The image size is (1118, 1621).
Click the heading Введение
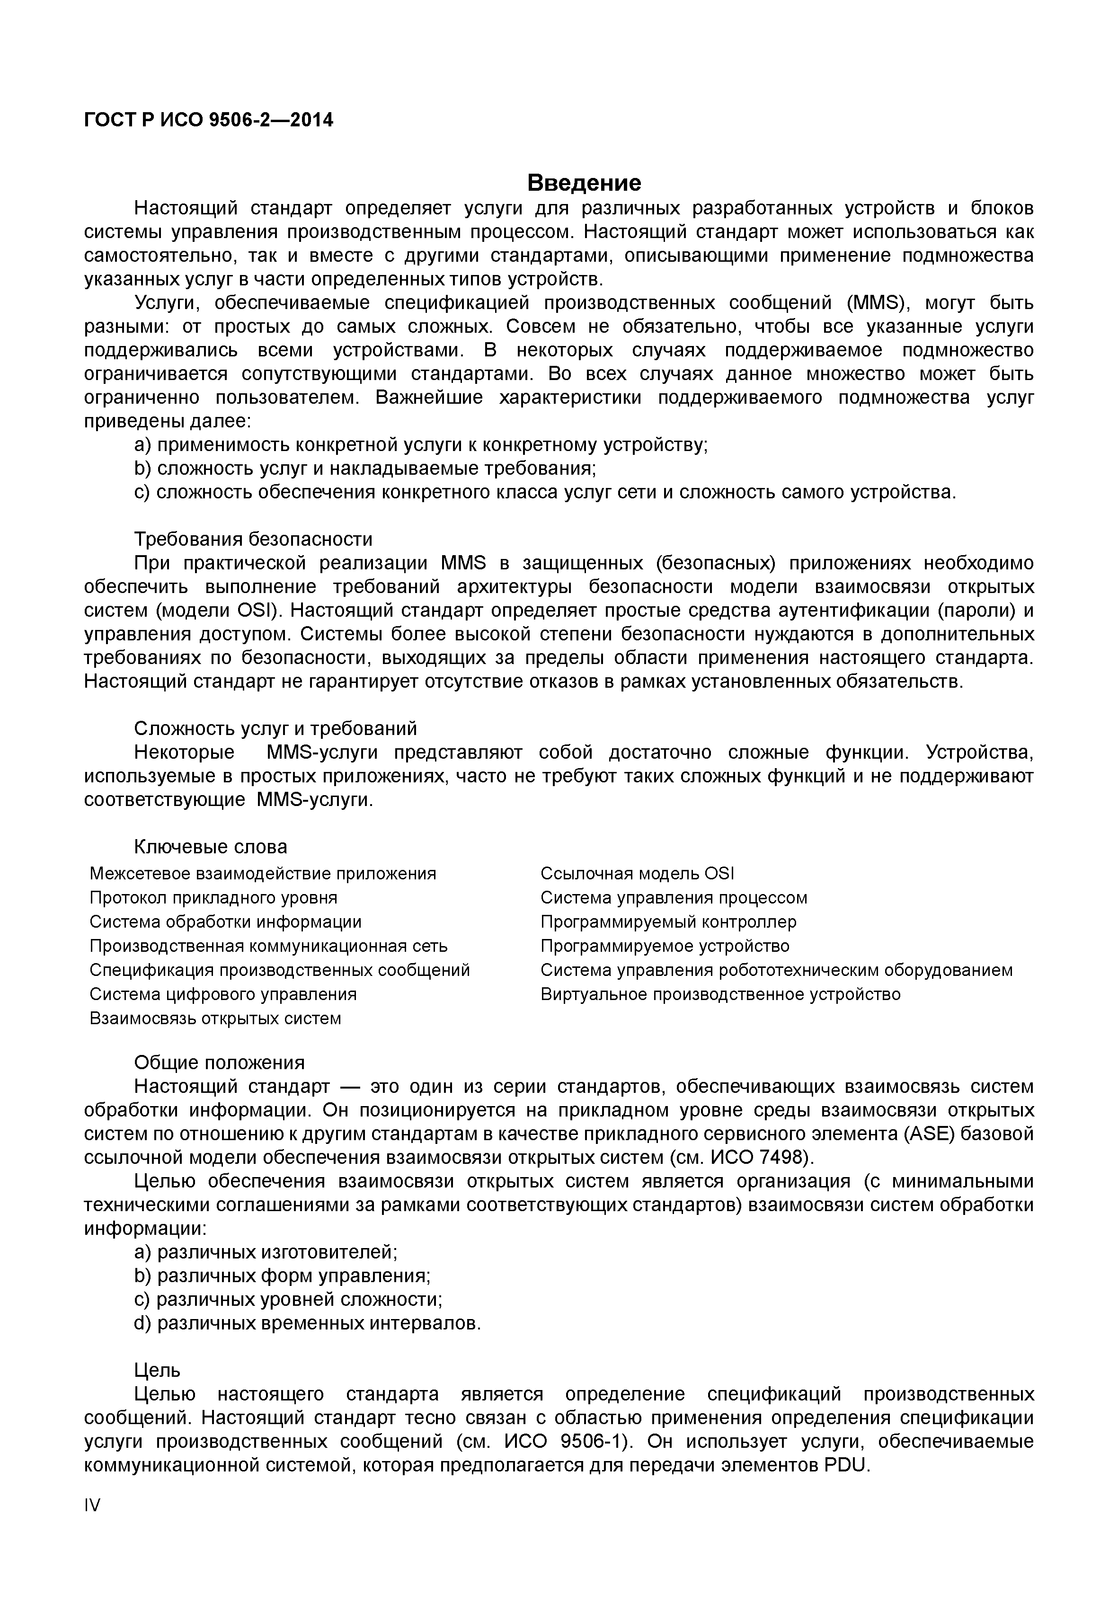(x=584, y=183)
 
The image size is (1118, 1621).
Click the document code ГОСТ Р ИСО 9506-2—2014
(x=208, y=121)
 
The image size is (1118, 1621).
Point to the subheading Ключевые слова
(x=210, y=846)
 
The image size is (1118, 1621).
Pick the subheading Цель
(x=157, y=1370)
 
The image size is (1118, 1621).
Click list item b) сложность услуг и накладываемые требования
(x=365, y=468)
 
